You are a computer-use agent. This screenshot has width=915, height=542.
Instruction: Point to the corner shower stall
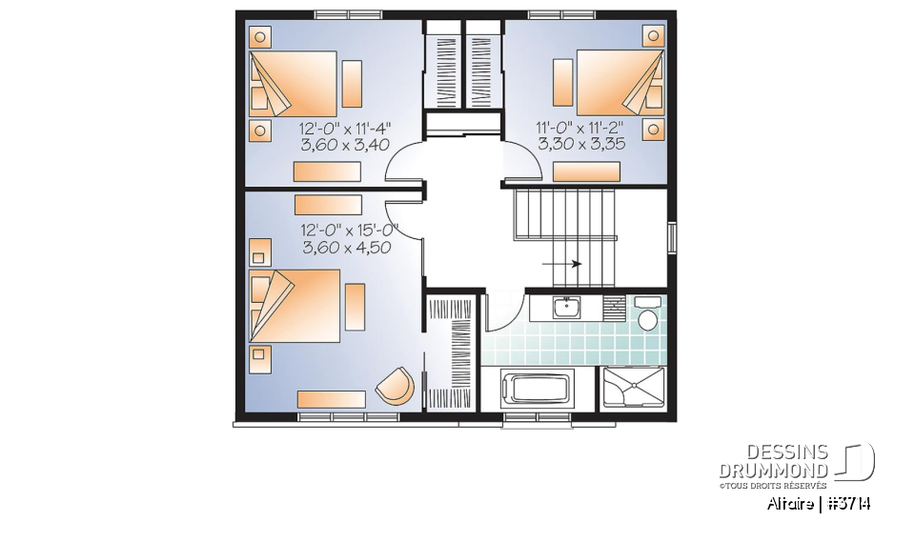coord(634,388)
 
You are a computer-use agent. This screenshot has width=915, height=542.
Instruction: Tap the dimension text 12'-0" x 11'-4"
coord(345,129)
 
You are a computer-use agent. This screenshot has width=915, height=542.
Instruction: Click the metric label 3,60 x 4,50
coord(344,248)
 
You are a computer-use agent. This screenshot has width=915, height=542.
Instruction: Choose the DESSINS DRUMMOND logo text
coord(774,462)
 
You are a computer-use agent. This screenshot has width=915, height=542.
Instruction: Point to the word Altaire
coord(790,504)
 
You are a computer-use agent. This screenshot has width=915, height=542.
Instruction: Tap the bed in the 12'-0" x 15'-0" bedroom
coord(294,305)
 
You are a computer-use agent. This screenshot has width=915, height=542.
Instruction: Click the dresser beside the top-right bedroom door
coord(586,171)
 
